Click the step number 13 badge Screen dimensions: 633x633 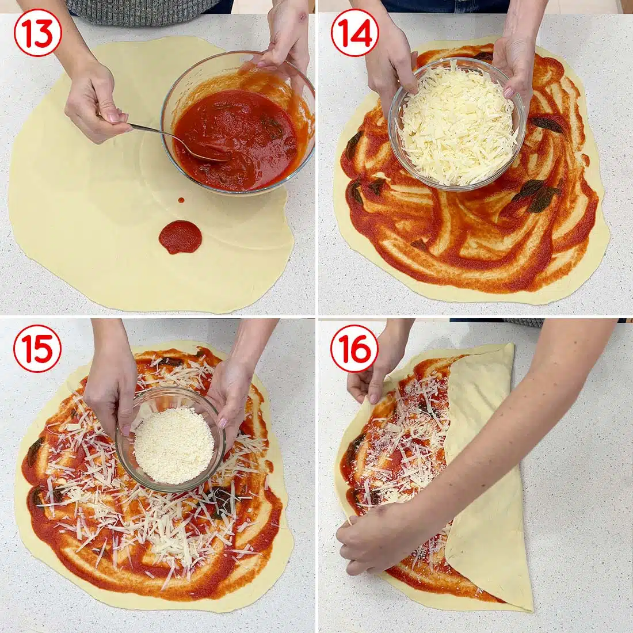click(x=37, y=32)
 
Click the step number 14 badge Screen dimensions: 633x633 click(x=354, y=32)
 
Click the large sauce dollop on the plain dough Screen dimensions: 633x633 click(x=180, y=237)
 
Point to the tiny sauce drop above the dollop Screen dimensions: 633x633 click(x=181, y=200)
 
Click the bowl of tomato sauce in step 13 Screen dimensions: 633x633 click(x=239, y=132)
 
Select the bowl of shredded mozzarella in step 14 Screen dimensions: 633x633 click(x=457, y=124)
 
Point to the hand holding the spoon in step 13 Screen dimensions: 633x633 click(x=95, y=106)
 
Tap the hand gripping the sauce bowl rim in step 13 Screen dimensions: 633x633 click(x=285, y=37)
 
